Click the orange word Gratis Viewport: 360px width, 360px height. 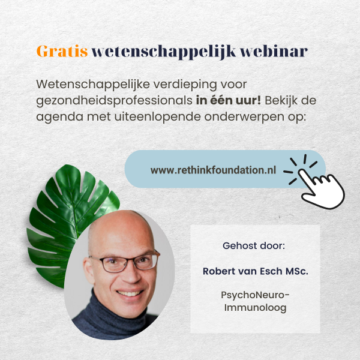pos(62,51)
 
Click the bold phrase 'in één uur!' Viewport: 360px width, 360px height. pos(229,100)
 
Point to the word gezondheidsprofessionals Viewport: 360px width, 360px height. pos(115,101)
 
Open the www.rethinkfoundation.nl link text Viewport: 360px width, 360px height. pos(213,170)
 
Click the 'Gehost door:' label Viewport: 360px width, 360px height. pos(254,246)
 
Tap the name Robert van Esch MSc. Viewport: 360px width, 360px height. pos(256,271)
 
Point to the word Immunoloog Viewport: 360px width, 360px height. pos(256,308)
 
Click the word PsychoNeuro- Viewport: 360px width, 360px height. pos(255,295)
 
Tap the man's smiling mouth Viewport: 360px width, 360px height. pos(129,293)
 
